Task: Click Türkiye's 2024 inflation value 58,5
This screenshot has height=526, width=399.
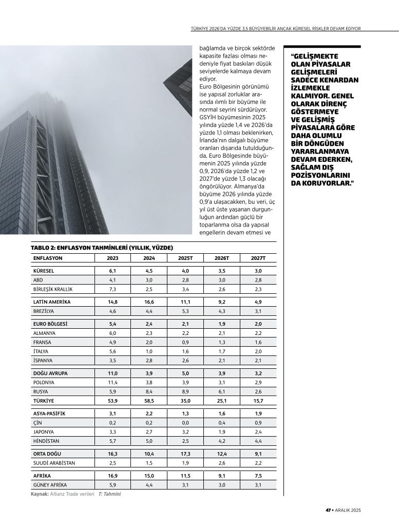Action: tap(149, 400)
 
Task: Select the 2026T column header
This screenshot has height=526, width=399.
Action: tap(222, 258)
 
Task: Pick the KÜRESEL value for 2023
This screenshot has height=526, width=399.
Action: tap(112, 271)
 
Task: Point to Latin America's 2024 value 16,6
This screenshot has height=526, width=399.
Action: tap(149, 302)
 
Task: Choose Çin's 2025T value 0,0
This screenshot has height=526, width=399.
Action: tap(185, 423)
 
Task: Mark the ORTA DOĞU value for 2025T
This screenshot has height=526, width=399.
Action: tap(185, 454)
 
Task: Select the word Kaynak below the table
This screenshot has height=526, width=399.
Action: tap(40, 494)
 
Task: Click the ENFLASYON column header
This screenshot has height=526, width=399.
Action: tap(48, 258)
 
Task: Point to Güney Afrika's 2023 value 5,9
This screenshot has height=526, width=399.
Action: tap(112, 485)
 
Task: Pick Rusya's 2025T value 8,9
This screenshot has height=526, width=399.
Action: tap(185, 391)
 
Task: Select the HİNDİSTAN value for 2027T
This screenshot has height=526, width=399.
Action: tap(258, 441)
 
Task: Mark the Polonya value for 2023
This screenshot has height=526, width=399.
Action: tap(112, 382)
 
